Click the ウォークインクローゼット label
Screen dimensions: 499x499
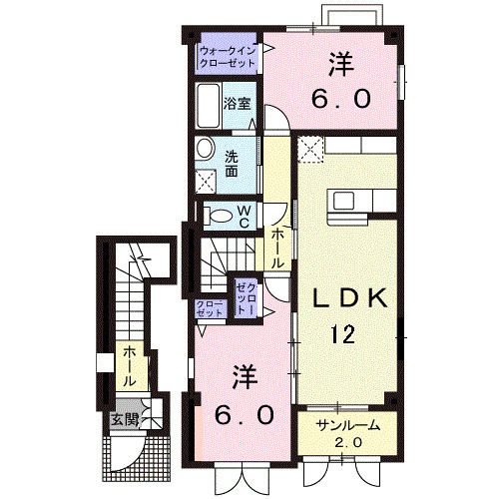tap(227, 55)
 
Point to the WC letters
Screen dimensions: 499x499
tap(243, 215)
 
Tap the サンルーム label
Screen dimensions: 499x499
tap(345, 424)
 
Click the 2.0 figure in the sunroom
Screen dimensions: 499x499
tap(345, 441)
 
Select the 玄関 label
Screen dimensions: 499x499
tap(124, 417)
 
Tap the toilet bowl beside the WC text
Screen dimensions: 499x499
tap(219, 214)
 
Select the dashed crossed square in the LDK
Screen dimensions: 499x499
tap(309, 152)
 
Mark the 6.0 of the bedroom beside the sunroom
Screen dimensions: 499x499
tap(244, 412)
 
